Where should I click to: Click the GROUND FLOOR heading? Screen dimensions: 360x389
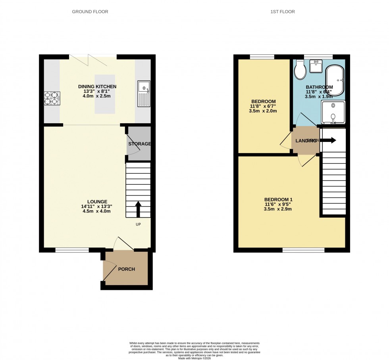coord(90,12)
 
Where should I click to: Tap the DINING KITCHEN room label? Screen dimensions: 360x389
coord(97,86)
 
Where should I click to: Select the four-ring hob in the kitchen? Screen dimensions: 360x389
coord(52,98)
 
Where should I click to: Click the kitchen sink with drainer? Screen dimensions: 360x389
coord(143,94)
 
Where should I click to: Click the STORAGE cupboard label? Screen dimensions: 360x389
coord(139,144)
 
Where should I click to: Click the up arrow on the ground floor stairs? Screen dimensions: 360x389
coord(138,209)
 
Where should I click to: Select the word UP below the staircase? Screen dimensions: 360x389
coord(138,224)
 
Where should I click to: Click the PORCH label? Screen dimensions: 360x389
coord(127,269)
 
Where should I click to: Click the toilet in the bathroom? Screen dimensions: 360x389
coord(300,71)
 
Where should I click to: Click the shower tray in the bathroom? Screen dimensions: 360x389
coord(333,112)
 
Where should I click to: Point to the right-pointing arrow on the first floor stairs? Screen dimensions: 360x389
coord(329,140)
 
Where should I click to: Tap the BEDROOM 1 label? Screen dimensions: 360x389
coord(278,199)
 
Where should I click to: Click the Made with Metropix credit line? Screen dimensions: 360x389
coord(194,358)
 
